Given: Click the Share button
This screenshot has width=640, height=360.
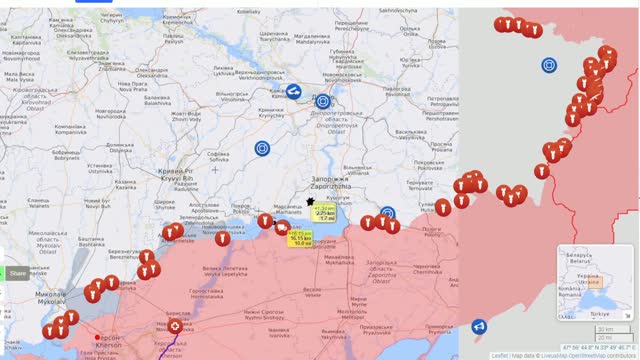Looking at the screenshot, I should tap(17, 273).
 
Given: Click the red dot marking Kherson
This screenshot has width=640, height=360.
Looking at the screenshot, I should tap(97, 337).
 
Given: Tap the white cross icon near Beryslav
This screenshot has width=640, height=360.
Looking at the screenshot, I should tap(177, 326).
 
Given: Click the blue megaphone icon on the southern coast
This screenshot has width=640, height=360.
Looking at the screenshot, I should tap(479, 326).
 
